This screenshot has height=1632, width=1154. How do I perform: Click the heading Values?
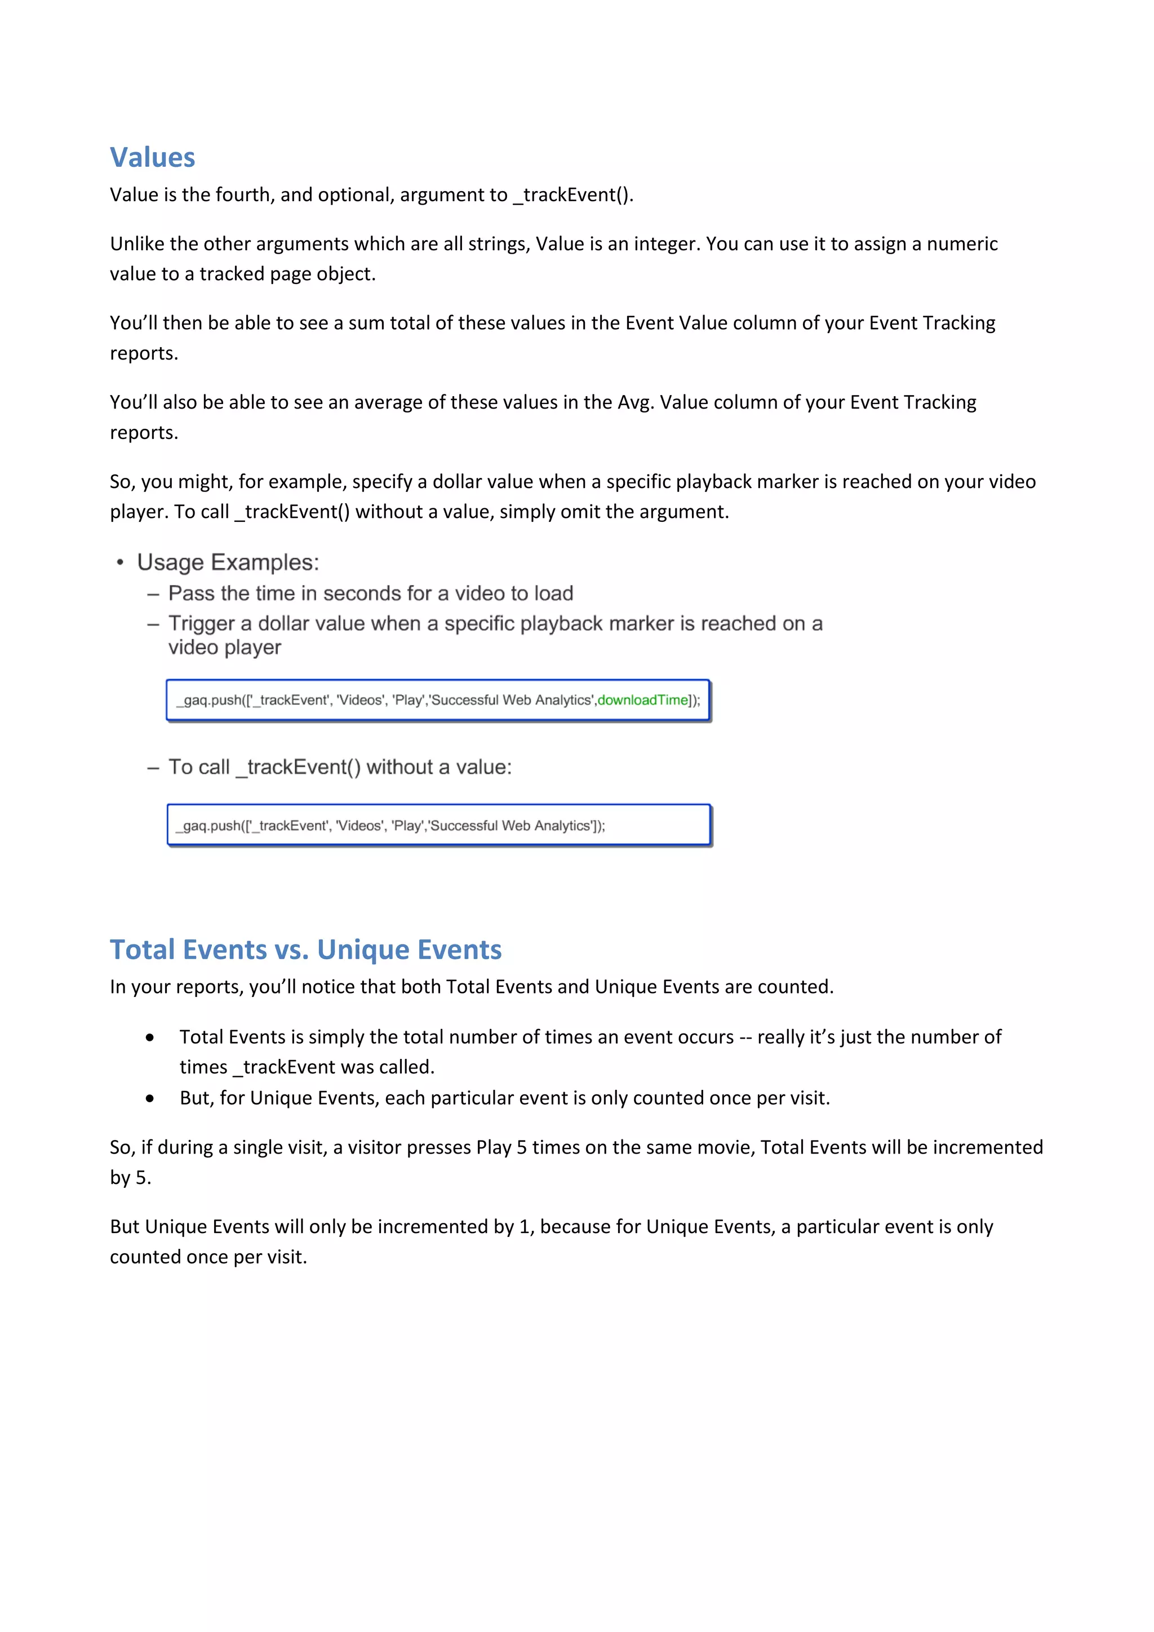[152, 158]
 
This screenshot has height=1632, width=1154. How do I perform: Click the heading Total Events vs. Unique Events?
[305, 950]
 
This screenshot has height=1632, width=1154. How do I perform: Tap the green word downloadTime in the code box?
[642, 700]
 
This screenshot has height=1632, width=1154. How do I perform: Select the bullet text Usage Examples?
[228, 562]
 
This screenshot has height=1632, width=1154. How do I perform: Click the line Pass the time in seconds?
[370, 593]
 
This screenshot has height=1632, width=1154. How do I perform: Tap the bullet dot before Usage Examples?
[120, 563]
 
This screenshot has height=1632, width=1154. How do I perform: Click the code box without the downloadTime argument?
[438, 825]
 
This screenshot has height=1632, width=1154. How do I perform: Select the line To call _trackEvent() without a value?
[340, 767]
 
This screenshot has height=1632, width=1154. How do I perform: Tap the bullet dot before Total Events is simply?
[149, 1038]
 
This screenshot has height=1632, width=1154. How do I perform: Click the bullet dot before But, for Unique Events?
[149, 1099]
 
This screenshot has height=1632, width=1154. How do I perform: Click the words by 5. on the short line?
[131, 1178]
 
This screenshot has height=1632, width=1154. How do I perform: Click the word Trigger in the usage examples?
[201, 623]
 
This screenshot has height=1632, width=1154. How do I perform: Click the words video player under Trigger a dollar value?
[225, 648]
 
